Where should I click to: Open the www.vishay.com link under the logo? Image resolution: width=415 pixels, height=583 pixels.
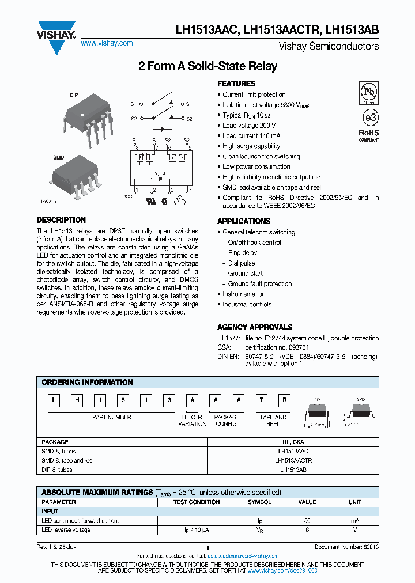(x=107, y=43)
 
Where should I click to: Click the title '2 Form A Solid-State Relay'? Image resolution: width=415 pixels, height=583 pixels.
(x=207, y=66)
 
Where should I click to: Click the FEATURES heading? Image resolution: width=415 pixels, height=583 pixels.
(x=236, y=84)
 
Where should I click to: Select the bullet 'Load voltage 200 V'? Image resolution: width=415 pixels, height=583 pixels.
(x=249, y=126)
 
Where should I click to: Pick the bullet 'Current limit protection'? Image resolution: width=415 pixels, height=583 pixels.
(x=254, y=94)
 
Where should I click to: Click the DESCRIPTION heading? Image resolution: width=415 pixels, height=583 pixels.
(x=61, y=220)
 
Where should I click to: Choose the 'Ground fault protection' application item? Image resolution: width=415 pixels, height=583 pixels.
(x=259, y=283)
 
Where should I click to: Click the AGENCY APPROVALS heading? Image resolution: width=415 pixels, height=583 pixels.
(x=255, y=327)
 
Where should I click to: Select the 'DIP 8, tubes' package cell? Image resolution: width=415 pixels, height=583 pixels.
(x=57, y=470)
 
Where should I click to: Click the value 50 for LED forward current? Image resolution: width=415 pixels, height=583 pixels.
(x=307, y=521)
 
